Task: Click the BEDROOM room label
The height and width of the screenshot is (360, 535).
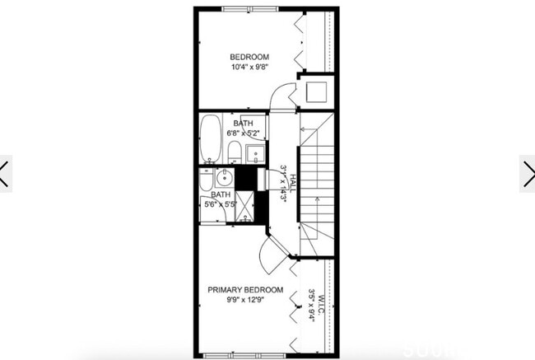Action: [x=249, y=57]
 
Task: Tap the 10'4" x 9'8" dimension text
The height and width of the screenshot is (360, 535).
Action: [x=249, y=68]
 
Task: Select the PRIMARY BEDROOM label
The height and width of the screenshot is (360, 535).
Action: [x=245, y=290]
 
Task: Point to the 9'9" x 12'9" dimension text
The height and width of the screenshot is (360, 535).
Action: [x=245, y=301]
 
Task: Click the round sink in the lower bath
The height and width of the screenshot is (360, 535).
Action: [x=225, y=178]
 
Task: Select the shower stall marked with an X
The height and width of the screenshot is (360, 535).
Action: [x=245, y=206]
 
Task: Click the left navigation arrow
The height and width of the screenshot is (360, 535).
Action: [x=5, y=173]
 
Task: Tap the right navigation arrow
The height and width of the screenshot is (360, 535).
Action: [x=528, y=173]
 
